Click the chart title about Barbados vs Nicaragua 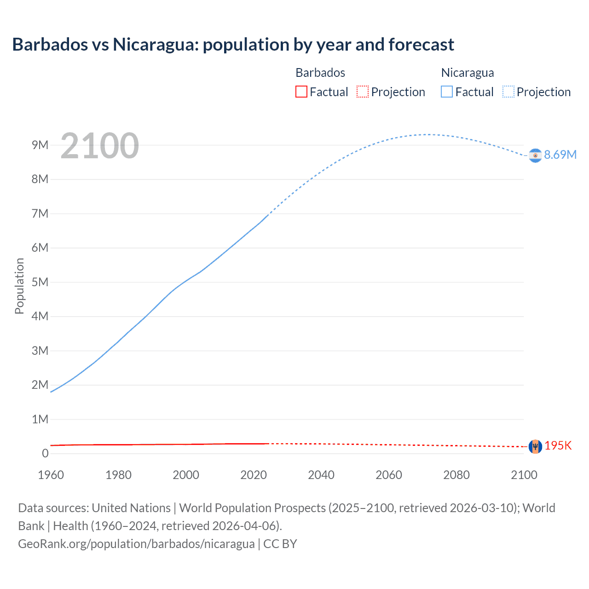click(x=233, y=45)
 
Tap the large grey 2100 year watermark click(x=99, y=146)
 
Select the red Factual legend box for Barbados click(x=301, y=92)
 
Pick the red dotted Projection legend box click(x=363, y=92)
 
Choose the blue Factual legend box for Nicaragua click(x=446, y=92)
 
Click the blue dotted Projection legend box click(x=508, y=92)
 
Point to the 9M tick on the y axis click(x=40, y=145)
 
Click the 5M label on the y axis click(x=40, y=282)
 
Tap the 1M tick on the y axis click(x=40, y=419)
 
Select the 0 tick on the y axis click(x=45, y=453)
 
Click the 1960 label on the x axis click(x=51, y=475)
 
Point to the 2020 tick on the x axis click(x=254, y=475)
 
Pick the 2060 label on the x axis click(x=389, y=475)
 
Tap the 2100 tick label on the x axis click(x=524, y=475)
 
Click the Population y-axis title click(x=19, y=286)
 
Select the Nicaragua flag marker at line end click(x=535, y=156)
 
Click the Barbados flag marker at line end click(x=535, y=446)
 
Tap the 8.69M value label click(x=560, y=155)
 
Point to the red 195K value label click(x=558, y=446)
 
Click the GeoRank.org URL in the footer click(x=136, y=544)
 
